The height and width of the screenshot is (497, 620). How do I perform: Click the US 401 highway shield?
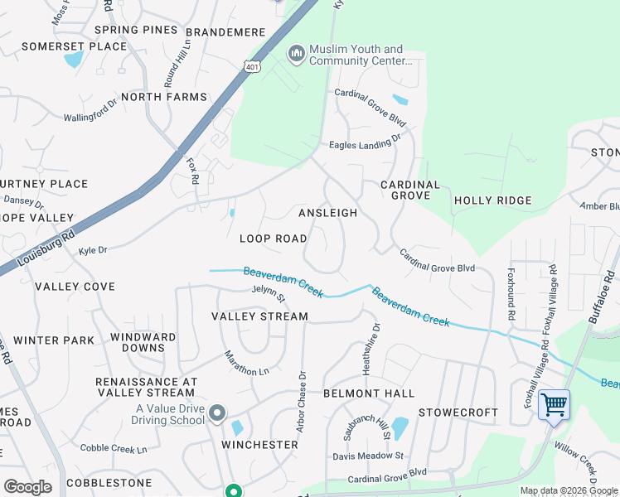250,66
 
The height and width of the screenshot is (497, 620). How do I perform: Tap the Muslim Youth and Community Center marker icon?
297,55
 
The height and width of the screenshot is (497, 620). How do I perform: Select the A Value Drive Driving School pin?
217,413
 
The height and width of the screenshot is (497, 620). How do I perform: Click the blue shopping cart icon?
554,406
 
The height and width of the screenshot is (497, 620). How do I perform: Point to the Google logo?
27,487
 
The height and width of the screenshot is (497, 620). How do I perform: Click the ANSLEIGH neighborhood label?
327,213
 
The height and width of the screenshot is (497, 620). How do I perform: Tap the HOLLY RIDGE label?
492,200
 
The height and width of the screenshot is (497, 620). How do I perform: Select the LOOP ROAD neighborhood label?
274,239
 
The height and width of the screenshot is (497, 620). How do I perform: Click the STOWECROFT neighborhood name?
458,413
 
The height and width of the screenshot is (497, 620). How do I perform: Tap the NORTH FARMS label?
163,97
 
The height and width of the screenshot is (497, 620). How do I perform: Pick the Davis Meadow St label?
368,456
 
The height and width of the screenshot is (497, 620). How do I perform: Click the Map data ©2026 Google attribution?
569,491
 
